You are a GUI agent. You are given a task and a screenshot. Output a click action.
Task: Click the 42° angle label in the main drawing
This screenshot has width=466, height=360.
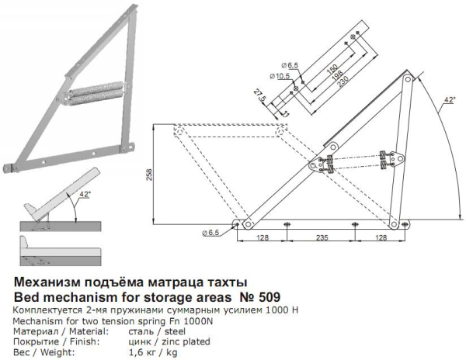(449, 101)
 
